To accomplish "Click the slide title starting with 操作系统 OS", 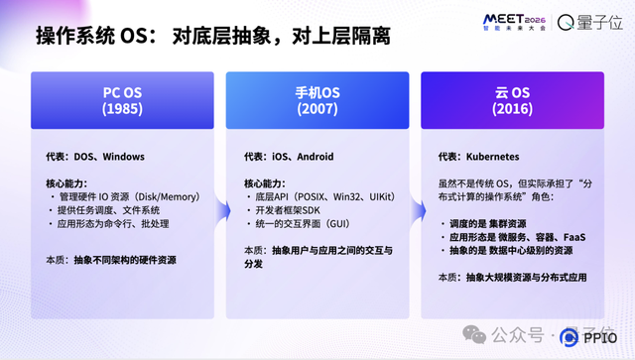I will click(x=212, y=37).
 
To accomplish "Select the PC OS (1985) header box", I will click(x=122, y=101).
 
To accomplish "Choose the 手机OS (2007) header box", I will click(x=318, y=101).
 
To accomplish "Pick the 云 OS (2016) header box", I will click(x=513, y=101).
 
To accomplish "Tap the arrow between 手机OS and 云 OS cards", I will click(x=416, y=102).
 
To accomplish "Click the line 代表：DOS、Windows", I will click(x=95, y=156).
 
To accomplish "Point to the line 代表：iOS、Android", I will click(x=289, y=156).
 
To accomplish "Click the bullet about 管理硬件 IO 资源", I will click(x=126, y=196).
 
